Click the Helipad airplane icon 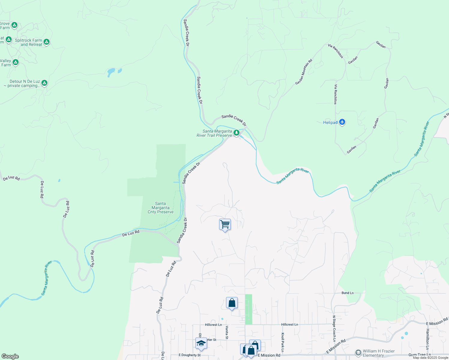coord(342,122)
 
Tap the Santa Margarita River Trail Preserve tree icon coord(237,133)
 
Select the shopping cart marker coord(225,224)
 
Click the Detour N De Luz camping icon coord(44,82)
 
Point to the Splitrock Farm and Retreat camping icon coord(47,42)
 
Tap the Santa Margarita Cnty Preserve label coord(161,208)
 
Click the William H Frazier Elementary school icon coord(358,353)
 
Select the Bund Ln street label coord(348,293)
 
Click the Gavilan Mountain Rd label coord(304,72)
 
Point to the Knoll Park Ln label coord(282,342)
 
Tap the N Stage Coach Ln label coord(334,328)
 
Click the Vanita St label coord(227,332)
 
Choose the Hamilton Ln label coord(427,339)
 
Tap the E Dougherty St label coord(189,355)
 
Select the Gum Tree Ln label coord(420,355)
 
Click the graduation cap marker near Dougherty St coord(201,343)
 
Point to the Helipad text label coord(330,122)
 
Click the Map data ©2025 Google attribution coord(430,358)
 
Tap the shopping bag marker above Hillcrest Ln coord(232,303)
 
